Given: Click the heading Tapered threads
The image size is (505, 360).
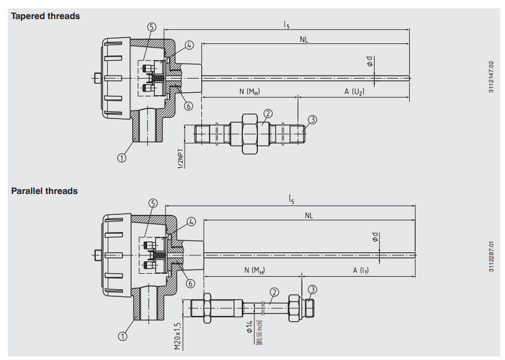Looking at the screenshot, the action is coord(45,16).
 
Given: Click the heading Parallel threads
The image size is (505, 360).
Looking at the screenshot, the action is coord(45,191).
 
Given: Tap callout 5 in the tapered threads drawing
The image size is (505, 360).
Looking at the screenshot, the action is coord(152,27).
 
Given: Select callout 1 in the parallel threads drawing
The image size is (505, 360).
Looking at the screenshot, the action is coord(123,337).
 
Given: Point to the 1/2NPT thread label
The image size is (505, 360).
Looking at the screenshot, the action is coord(181,159).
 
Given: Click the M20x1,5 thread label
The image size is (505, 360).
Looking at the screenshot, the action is coord(178,336).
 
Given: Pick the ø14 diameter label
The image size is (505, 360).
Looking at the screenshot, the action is coord(250,327).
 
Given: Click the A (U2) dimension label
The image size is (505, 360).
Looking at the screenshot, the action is coord(354,92).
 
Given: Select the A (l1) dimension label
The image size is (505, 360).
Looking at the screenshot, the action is coord(361,270).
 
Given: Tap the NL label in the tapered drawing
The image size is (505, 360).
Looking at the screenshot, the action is coord(304,40).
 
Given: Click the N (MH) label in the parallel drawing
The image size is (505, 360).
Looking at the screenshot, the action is coord(254,270).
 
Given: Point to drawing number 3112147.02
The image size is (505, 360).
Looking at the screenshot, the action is coord(491,77).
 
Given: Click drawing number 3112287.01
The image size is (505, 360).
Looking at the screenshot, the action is coord(491,256).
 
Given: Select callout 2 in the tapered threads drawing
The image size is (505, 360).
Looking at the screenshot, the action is coord(268,114).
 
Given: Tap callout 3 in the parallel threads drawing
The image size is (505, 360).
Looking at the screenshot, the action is coord(313,290).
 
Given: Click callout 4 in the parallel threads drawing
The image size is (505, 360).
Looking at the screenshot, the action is coord(191,222).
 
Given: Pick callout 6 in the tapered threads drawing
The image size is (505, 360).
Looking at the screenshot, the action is coord(189,106).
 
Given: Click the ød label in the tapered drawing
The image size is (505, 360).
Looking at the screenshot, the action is coord(369,61).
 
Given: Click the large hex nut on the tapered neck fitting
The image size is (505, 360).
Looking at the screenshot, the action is coord(250,134).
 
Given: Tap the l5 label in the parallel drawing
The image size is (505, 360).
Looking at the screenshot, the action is coord(291,200).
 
